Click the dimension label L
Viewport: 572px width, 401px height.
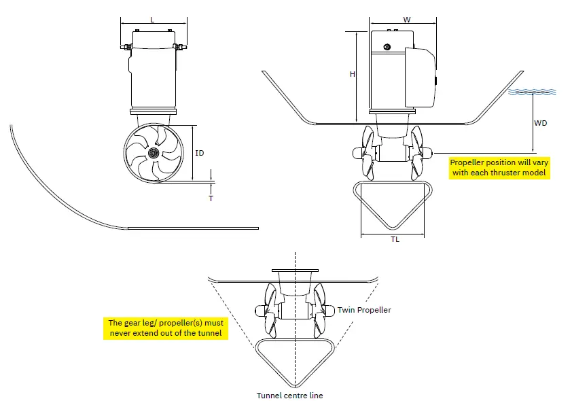pos(152,20)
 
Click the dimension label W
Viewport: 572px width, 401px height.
pos(406,20)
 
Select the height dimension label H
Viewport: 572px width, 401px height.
pos(352,75)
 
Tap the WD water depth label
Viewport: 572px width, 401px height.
pos(541,124)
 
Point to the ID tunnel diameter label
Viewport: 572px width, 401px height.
pos(199,154)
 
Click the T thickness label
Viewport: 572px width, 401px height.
pos(211,198)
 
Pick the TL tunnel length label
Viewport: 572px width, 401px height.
pos(394,241)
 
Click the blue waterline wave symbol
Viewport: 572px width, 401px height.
pos(533,92)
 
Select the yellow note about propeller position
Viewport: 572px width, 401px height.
pos(499,168)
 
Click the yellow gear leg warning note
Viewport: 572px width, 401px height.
pos(165,328)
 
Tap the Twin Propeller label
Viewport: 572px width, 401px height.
pos(364,310)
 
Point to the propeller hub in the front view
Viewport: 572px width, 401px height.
pos(154,154)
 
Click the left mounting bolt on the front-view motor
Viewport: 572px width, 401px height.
pos(126,48)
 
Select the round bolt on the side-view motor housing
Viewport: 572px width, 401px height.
pos(387,47)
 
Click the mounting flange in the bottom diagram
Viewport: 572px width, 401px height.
pos(295,271)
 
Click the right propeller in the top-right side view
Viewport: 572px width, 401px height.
pos(418,154)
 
